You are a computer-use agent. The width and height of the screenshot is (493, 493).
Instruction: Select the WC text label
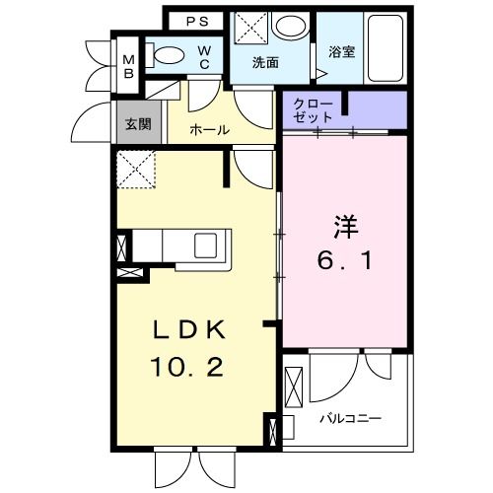point(203,56)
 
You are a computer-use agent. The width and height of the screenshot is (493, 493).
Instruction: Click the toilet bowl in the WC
point(169,57)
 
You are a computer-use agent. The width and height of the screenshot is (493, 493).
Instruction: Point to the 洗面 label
point(265,63)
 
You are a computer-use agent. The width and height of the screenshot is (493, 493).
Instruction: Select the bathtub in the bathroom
point(381,49)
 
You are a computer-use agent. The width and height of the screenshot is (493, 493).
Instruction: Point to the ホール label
point(209,129)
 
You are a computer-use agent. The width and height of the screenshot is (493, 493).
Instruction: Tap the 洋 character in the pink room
point(343,226)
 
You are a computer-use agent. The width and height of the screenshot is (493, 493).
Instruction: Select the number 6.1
point(343,262)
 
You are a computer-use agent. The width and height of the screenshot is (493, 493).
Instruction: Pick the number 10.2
point(187,367)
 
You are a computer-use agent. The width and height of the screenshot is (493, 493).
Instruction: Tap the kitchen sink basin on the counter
point(210,244)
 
